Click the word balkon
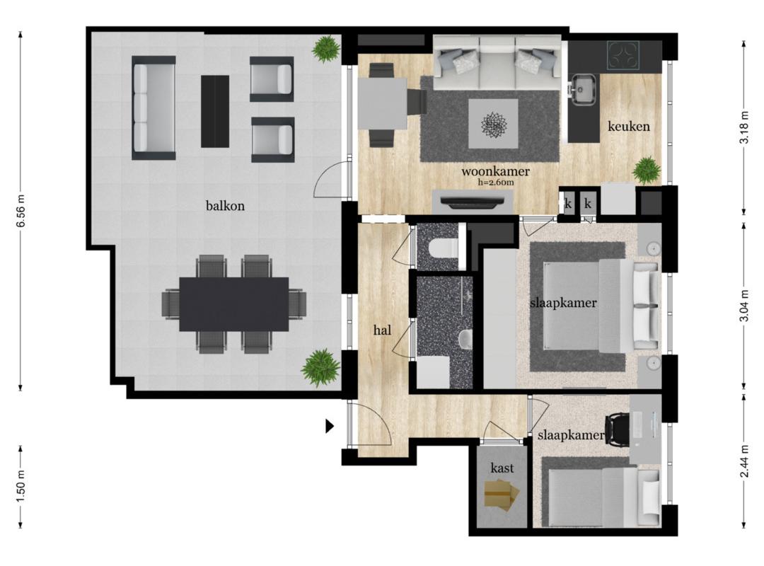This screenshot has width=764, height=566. pos(225,206)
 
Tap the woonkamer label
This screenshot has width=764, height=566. pos(495,171)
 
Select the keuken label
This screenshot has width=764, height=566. pos(629,126)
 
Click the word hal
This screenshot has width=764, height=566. pos(383,330)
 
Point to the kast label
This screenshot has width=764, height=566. pos(502,468)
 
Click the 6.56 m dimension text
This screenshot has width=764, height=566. pos(21,211)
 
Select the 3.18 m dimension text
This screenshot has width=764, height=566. pos(743,127)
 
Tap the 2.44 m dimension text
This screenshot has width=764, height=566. pos(743,462)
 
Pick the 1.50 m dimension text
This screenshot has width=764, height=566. pos(21,486)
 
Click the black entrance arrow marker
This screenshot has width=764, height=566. pos(330,427)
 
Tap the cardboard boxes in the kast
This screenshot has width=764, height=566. pos(502,495)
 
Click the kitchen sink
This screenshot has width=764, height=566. pos(583,89)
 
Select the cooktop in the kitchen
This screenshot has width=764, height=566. pos(623,56)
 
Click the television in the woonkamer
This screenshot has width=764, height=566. pos(472,202)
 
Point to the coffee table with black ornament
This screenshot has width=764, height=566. pos(493,124)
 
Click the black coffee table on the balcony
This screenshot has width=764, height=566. pos(215,111)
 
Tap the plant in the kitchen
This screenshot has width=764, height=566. pos(647,170)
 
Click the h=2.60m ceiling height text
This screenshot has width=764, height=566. pos(497,183)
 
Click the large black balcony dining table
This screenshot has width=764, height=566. pos(234,304)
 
